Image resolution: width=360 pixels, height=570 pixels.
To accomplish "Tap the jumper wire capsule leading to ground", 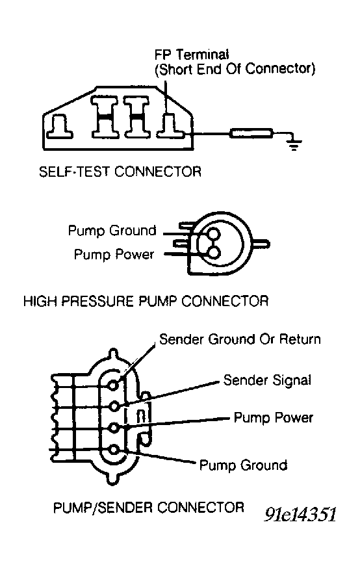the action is [251, 133].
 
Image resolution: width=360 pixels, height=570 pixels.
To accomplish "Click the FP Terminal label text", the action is [192, 55].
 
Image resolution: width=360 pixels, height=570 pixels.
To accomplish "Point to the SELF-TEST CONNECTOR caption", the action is [120, 171].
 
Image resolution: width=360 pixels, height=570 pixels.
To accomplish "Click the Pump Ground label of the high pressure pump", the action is [112, 231].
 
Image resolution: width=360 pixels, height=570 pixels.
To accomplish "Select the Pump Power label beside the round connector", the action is [114, 255].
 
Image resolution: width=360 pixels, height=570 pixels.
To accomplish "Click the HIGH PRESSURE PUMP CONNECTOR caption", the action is [146, 302].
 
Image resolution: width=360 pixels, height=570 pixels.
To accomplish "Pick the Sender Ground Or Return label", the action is [240, 339].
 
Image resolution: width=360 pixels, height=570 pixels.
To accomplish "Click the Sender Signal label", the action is [267, 380].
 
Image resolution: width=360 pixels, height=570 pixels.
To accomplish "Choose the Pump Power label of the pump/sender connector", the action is [273, 417].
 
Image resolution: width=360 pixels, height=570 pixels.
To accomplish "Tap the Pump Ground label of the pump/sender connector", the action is [244, 465].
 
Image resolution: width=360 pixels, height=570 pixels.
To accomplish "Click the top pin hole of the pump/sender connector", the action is [114, 385].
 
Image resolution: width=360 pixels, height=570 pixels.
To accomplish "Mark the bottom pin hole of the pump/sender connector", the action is [114, 450].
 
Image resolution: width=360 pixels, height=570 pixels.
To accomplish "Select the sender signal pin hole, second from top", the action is [114, 406].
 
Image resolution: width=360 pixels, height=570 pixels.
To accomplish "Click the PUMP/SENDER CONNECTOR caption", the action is [149, 508].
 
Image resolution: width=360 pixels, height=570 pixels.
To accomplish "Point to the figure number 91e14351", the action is [300, 514].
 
